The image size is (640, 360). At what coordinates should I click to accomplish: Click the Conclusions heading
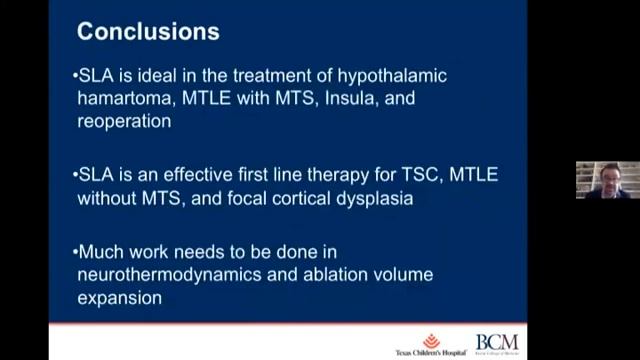pyautogui.click(x=148, y=32)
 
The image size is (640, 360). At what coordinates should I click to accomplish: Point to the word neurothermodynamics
pyautogui.click(x=168, y=273)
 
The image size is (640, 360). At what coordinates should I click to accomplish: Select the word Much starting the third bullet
pyautogui.click(x=101, y=251)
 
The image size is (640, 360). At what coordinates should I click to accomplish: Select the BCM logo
pyautogui.click(x=497, y=344)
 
